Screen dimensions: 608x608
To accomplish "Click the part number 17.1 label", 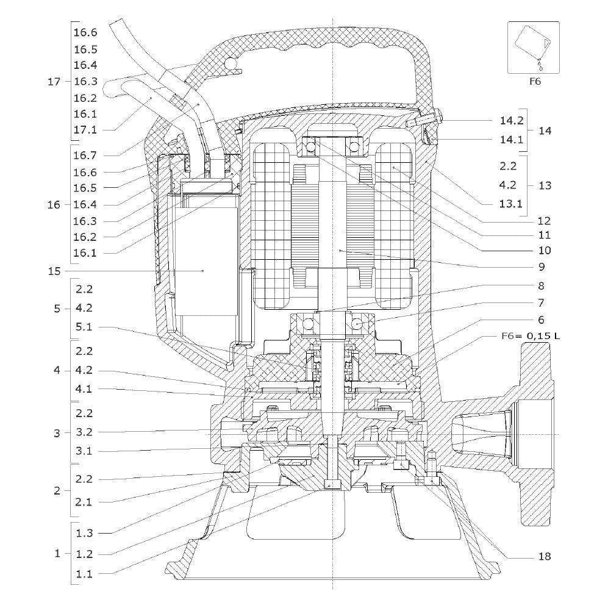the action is [x=85, y=130].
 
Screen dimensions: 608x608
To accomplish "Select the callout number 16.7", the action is [x=85, y=156].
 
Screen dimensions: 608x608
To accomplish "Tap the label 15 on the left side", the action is [x=54, y=271].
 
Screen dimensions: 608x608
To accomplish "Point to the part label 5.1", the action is [x=84, y=327].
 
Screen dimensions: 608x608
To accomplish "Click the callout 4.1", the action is [x=84, y=389].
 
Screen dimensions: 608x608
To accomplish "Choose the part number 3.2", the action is [x=84, y=432].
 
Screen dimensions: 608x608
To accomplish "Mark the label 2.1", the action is [x=84, y=502].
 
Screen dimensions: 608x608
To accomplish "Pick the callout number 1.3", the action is [x=84, y=533].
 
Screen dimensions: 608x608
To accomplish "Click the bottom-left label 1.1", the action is [x=84, y=574].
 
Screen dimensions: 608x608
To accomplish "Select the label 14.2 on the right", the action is [x=512, y=121].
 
